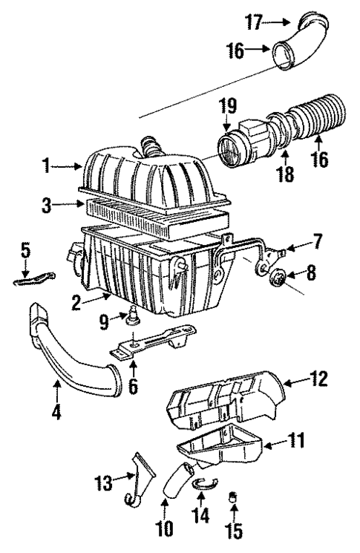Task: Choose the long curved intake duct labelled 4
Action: click(74, 356)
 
